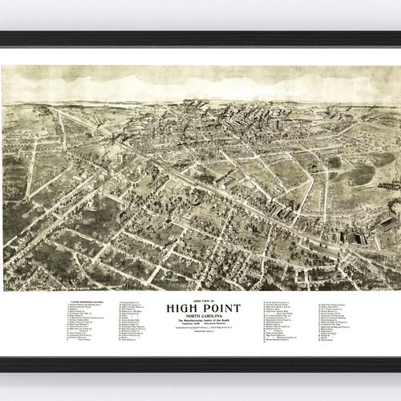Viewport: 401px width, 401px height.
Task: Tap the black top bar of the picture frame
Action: click(x=200, y=37)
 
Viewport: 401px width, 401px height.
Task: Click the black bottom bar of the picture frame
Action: click(x=200, y=366)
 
